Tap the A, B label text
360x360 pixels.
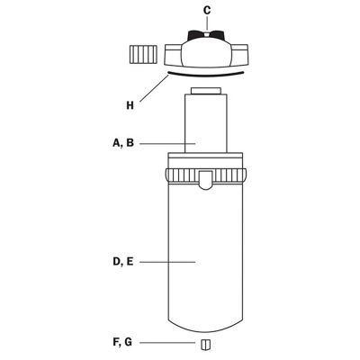124,142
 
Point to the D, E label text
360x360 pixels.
123,262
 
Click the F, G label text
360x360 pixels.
123,344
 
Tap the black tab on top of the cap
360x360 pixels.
207,36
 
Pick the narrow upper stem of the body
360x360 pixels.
207,126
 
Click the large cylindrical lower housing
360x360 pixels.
207,261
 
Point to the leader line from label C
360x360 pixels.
207,22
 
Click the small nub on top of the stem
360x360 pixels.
207,92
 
